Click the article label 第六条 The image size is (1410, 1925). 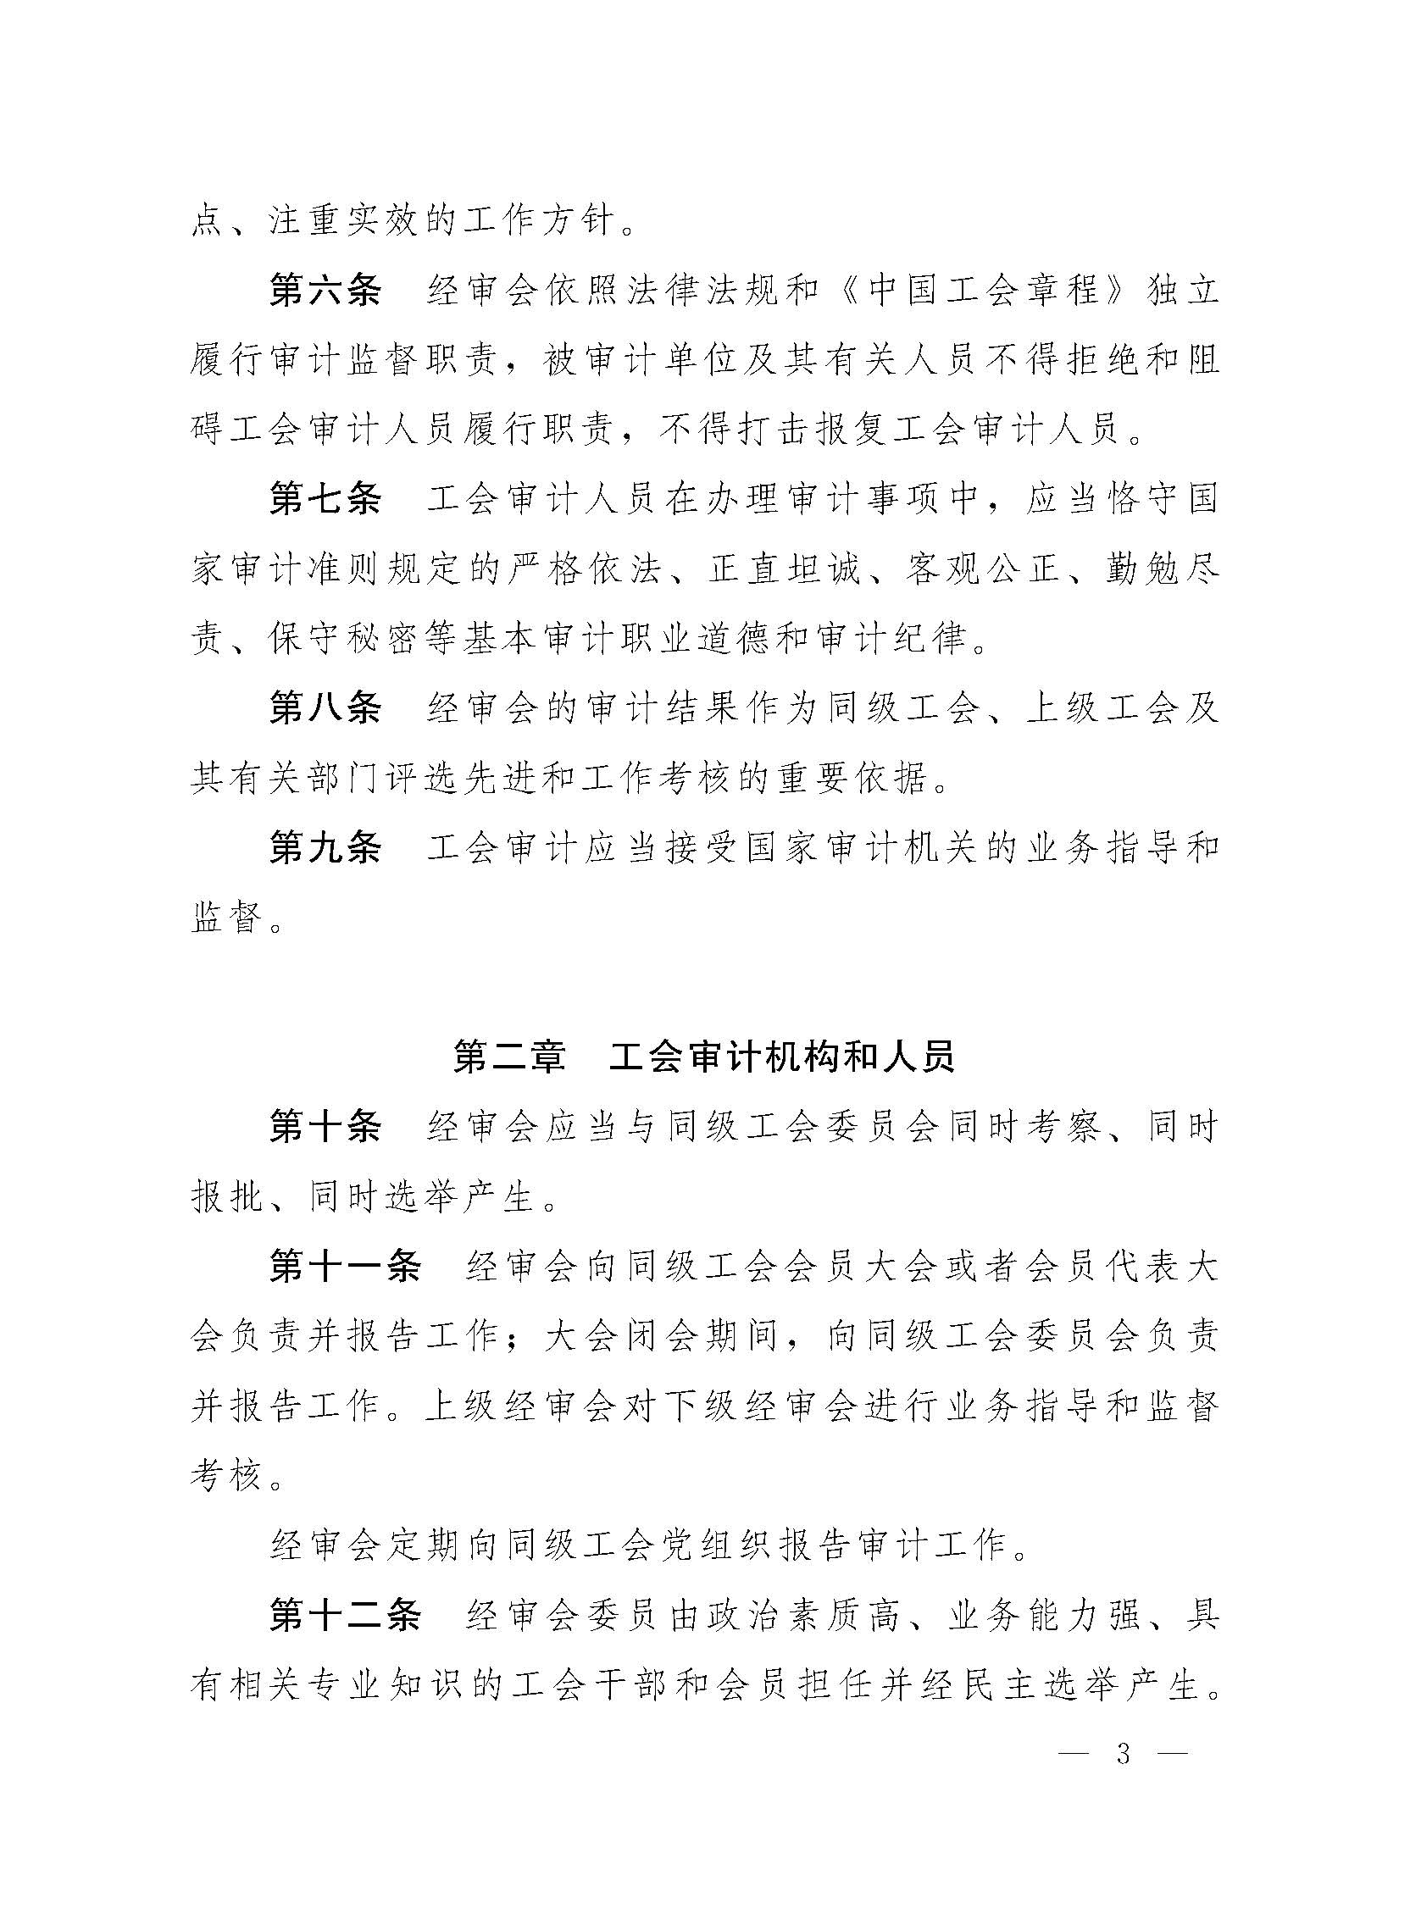coord(325,291)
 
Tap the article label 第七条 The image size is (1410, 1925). coord(325,499)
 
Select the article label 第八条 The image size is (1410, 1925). coord(325,708)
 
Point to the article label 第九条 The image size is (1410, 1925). coord(325,847)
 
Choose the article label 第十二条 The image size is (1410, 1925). coord(345,1615)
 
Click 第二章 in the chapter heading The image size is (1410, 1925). coord(508,1057)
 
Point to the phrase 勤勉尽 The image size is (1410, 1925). coord(1161,569)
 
